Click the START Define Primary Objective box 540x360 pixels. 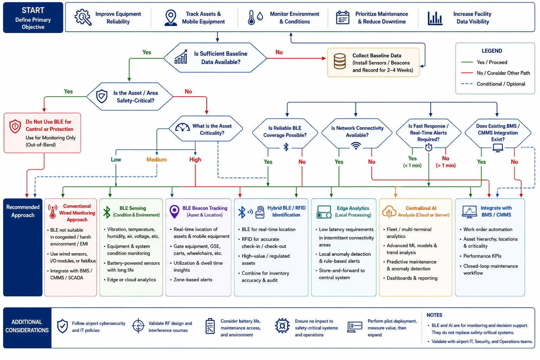tap(33, 17)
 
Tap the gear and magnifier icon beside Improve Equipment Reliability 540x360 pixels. tap(83, 17)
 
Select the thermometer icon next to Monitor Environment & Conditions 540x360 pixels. tap(251, 17)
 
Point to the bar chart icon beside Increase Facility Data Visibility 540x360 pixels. tap(435, 18)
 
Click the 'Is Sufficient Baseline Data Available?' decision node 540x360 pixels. tap(215, 58)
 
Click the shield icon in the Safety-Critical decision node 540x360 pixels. tap(102, 96)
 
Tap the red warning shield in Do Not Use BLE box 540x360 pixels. tap(15, 126)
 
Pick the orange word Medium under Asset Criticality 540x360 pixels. tap(156, 159)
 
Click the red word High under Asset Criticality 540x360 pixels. tap(195, 159)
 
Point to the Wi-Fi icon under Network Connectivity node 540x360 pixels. tap(356, 146)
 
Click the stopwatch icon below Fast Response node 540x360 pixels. tap(429, 147)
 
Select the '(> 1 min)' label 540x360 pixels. tap(445, 166)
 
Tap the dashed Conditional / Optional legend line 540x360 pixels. tap(467, 84)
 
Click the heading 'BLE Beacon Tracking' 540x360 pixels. tap(205, 208)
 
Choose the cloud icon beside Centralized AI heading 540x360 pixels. tap(389, 212)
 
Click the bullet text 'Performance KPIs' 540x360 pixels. tap(482, 256)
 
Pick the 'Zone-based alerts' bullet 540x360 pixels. tap(193, 280)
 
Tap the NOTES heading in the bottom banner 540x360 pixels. tap(434, 315)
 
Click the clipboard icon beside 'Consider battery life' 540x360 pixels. tap(210, 326)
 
